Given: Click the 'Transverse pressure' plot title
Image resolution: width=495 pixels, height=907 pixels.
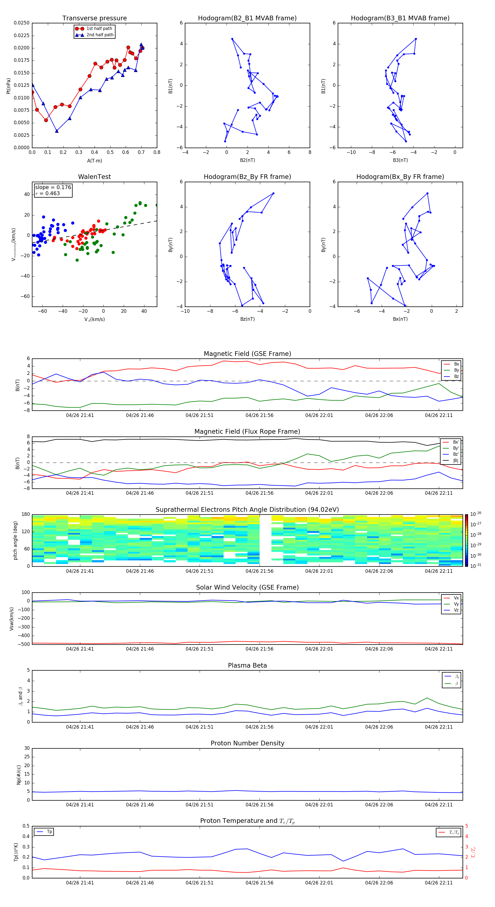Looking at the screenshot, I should click(x=94, y=18).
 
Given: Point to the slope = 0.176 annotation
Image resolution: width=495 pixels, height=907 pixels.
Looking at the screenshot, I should click(x=53, y=187).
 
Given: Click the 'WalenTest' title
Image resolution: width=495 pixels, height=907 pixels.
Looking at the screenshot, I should click(x=94, y=177).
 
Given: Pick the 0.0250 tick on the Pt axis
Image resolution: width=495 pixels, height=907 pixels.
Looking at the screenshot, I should click(x=21, y=23).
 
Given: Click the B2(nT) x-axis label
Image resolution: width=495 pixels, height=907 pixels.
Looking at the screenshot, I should click(x=247, y=160).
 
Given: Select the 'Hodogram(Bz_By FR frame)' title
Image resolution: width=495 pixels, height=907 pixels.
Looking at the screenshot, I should click(x=247, y=177).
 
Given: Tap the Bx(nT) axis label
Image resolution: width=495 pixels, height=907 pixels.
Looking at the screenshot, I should click(x=400, y=319).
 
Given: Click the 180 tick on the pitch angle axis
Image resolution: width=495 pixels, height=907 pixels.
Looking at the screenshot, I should click(x=26, y=515).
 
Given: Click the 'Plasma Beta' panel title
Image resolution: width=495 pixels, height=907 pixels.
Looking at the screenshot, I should click(x=247, y=665).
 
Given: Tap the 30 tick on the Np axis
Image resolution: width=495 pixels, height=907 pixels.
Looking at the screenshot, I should click(x=27, y=748).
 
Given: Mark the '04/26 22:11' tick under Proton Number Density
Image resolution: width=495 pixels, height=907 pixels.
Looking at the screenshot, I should click(x=439, y=804).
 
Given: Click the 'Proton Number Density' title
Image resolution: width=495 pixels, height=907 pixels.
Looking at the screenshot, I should click(x=247, y=743).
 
